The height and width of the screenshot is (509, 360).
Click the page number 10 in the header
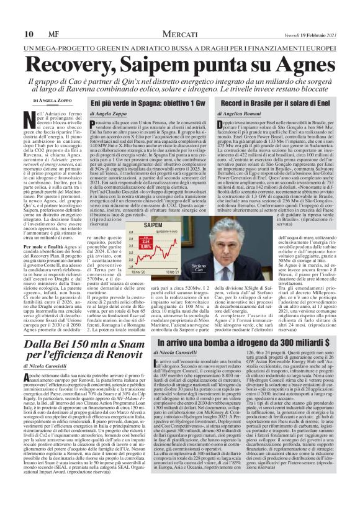click(x=28, y=34)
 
